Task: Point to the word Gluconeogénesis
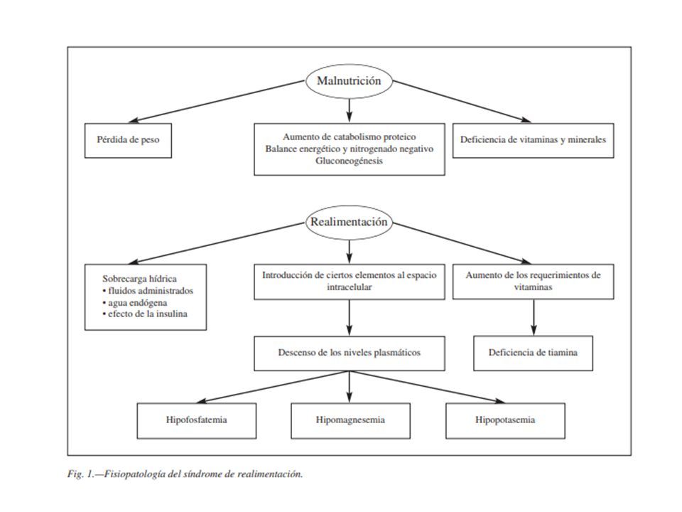pos(350,161)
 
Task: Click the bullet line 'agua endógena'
pos(135,303)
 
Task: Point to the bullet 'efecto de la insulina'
pos(145,314)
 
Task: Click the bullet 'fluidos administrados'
pos(148,291)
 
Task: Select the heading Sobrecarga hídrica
pos(140,279)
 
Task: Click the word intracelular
pos(350,287)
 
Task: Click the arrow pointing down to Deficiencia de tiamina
pos(534,317)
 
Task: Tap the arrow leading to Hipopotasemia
pos(427,387)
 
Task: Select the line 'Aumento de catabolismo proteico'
pos(350,137)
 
